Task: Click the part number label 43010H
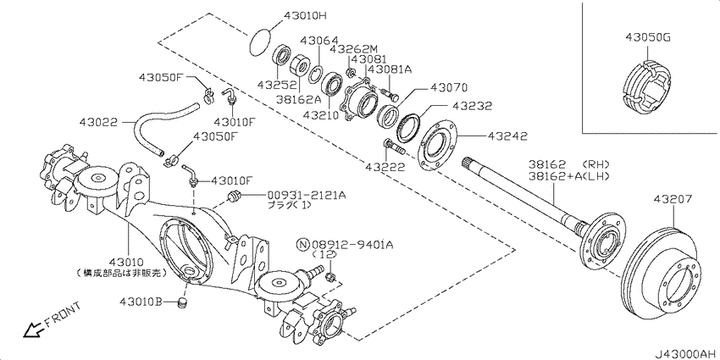(x=304, y=15)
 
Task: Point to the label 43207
(x=673, y=199)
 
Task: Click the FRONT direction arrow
(x=31, y=330)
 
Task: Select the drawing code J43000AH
(x=685, y=353)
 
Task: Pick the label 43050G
(x=647, y=37)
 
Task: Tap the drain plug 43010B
(x=183, y=303)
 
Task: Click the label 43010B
(x=141, y=302)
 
